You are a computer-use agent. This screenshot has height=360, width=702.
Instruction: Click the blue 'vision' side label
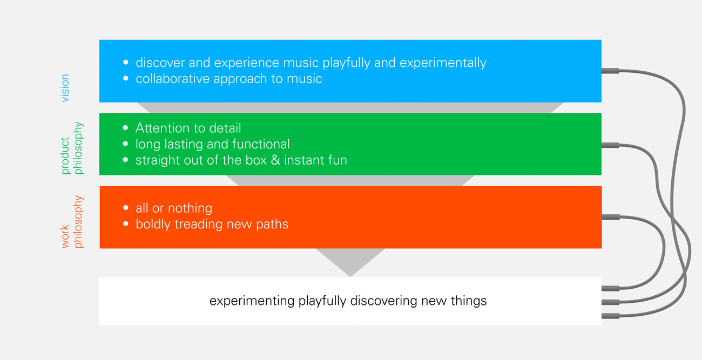(65, 88)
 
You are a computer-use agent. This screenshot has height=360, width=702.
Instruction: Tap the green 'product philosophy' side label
(72, 148)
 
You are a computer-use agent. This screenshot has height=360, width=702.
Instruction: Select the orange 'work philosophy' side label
(72, 222)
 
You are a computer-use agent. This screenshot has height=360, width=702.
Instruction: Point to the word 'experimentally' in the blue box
(443, 63)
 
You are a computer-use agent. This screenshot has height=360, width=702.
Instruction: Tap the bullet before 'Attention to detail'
(126, 127)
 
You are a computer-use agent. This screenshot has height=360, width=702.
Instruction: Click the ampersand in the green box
(275, 160)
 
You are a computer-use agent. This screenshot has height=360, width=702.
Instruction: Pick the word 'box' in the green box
(256, 160)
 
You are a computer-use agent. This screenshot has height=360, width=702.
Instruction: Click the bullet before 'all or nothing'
(126, 207)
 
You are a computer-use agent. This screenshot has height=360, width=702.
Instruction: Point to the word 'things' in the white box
(469, 301)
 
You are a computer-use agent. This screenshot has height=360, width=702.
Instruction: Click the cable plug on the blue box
(610, 71)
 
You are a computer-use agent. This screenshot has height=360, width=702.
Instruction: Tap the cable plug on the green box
(610, 145)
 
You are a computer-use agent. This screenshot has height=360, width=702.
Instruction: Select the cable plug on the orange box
(611, 217)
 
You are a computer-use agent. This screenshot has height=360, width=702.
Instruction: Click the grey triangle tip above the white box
(350, 276)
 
